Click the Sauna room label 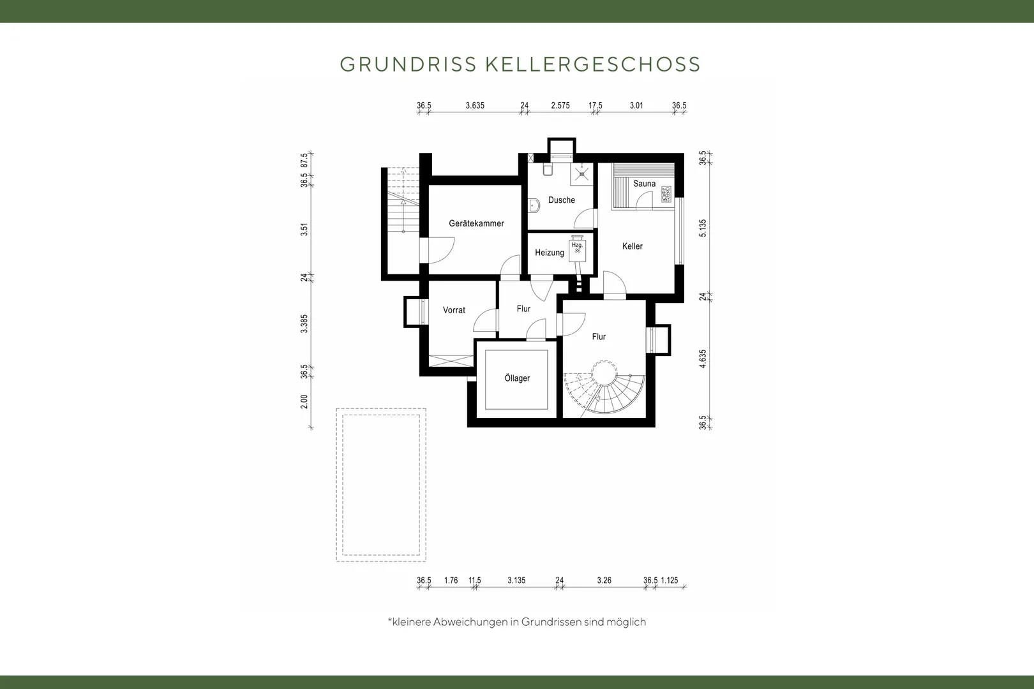pos(644,184)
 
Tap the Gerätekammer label pos(476,223)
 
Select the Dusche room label pos(561,200)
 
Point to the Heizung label pos(550,253)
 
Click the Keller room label pos(632,246)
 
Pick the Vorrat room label pos(454,310)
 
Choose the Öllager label pos(517,378)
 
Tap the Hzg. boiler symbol pos(578,249)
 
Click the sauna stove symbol pos(666,195)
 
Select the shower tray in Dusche pos(581,174)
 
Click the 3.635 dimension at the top pos(474,105)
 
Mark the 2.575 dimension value pos(560,105)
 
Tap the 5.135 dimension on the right pos(703,228)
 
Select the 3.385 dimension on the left pos(304,323)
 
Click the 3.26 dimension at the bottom pos(604,580)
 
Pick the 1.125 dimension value pos(670,580)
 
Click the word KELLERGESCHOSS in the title pos(593,64)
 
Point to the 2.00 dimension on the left pos(304,401)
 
